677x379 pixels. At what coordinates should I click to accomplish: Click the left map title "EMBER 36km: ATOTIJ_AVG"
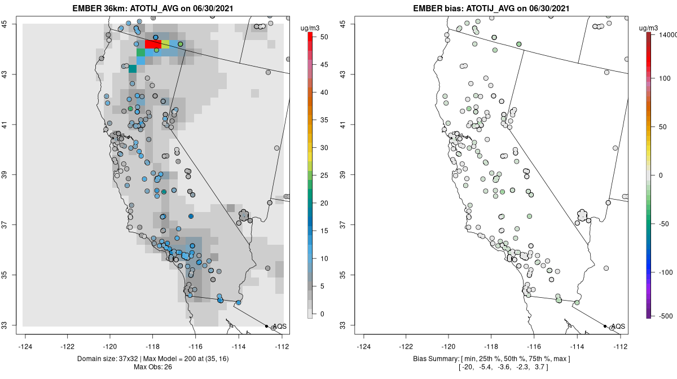pyautogui.click(x=124, y=8)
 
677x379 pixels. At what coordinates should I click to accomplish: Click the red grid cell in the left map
pyautogui.click(x=153, y=43)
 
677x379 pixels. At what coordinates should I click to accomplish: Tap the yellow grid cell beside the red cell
pyautogui.click(x=165, y=43)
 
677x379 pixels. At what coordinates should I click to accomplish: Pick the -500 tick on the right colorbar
pyautogui.click(x=666, y=315)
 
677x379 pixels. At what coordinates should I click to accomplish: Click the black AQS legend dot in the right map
pyautogui.click(x=605, y=326)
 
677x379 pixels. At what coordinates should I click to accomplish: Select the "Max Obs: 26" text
pyautogui.click(x=153, y=367)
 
